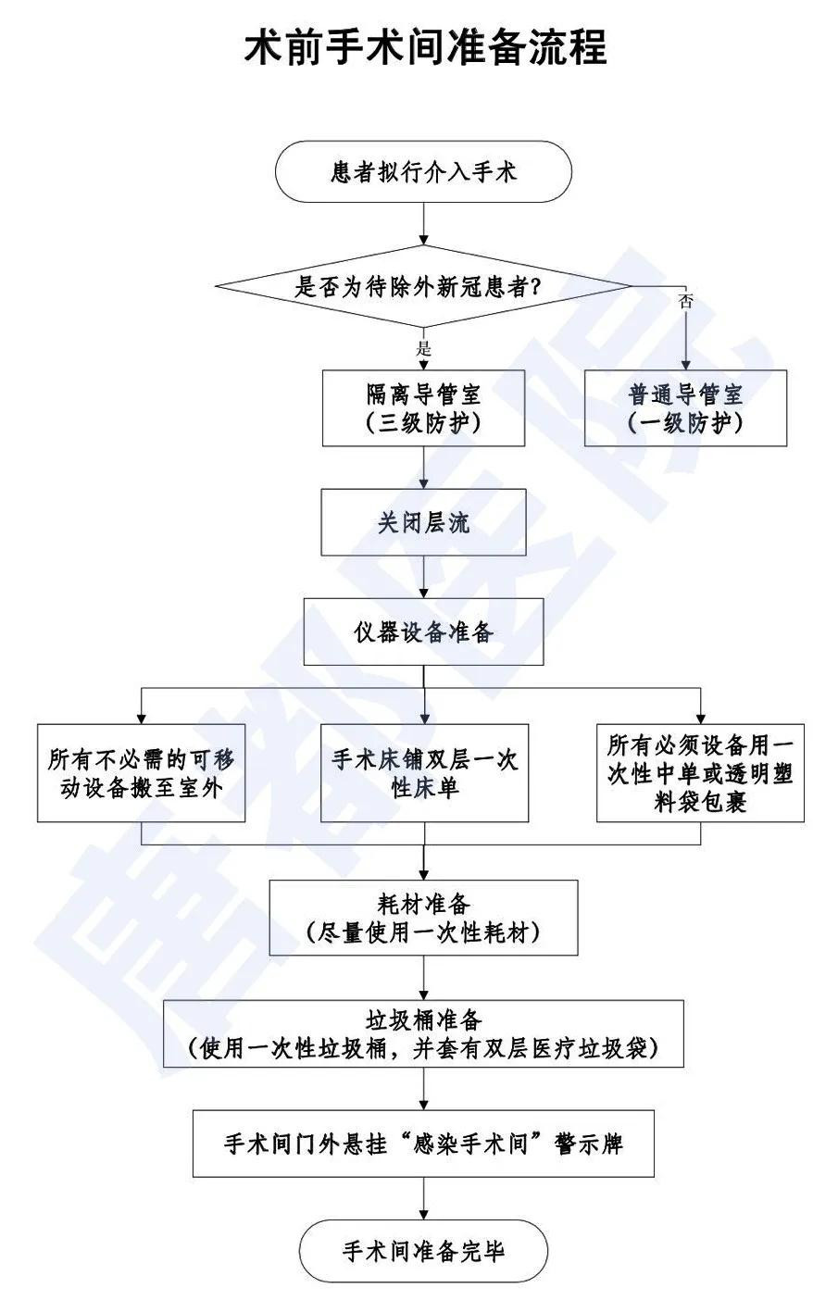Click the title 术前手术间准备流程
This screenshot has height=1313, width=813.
click(x=425, y=47)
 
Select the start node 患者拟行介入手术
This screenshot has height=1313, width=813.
click(x=424, y=172)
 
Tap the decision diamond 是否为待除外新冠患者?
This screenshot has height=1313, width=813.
click(x=424, y=286)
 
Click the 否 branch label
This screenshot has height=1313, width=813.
click(x=685, y=302)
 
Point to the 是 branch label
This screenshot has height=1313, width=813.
click(x=425, y=349)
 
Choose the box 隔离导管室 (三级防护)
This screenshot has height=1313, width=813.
click(x=424, y=408)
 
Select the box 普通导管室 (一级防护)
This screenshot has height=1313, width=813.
click(x=685, y=408)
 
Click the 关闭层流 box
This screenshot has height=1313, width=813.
click(x=424, y=522)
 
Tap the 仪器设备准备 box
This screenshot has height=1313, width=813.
click(x=424, y=632)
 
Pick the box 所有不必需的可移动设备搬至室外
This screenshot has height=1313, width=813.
click(x=142, y=774)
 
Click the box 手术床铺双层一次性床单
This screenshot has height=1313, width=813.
click(x=424, y=774)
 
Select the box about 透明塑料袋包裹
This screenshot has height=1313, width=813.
click(x=700, y=774)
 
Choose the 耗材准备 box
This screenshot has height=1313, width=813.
click(x=424, y=917)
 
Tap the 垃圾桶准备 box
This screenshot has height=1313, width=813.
click(x=424, y=1034)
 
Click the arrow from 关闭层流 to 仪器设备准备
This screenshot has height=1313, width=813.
click(x=424, y=577)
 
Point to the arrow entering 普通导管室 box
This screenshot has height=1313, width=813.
click(x=685, y=343)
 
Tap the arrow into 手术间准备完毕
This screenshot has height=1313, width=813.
click(x=424, y=1198)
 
